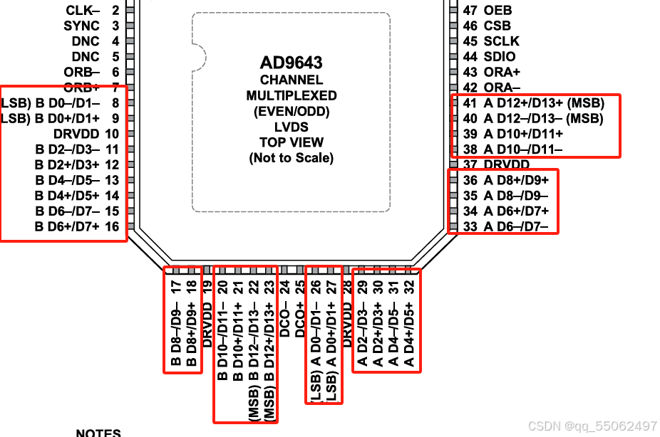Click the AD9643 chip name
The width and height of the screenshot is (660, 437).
(x=291, y=63)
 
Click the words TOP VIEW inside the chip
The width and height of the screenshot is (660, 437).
(x=291, y=142)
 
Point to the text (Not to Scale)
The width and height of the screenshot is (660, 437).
(x=291, y=158)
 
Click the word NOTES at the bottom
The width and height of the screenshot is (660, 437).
(x=98, y=432)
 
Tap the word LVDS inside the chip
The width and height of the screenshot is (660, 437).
(x=291, y=127)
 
